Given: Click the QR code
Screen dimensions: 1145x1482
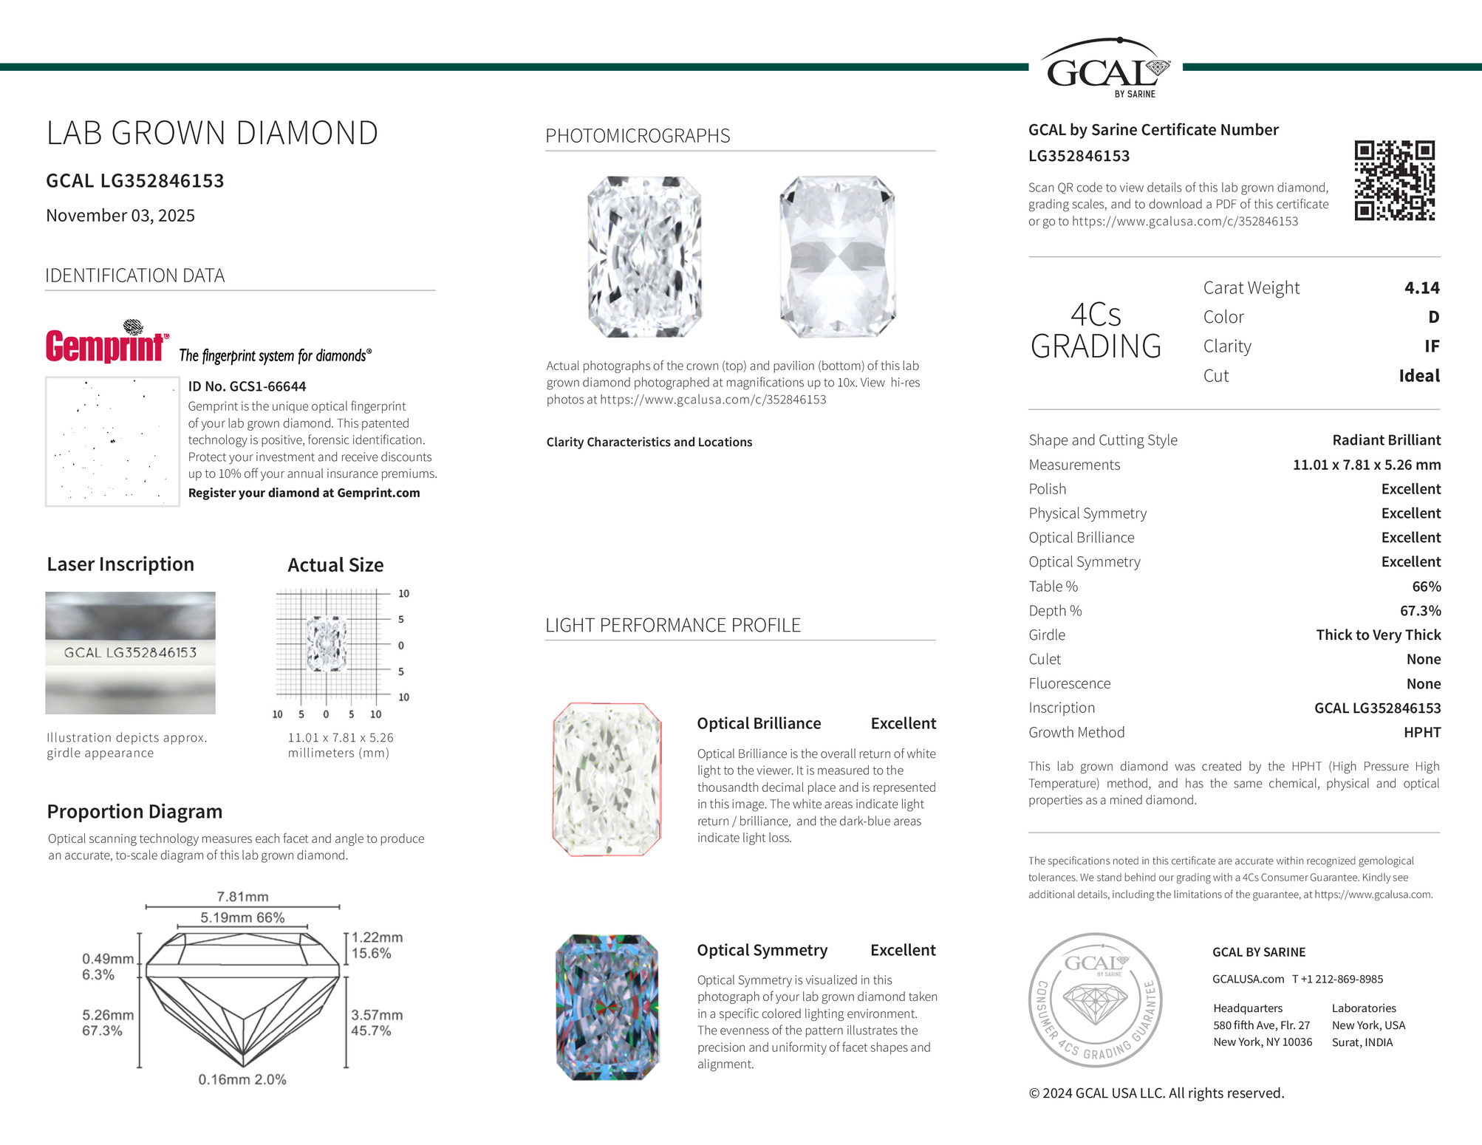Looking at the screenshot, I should (x=1394, y=180).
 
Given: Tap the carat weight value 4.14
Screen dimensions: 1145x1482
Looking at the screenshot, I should (x=1421, y=287).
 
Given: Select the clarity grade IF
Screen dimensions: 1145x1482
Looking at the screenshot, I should (x=1431, y=346).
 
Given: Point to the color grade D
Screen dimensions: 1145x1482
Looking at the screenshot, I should (x=1433, y=317).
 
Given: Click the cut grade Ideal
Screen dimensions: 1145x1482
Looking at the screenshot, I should (x=1418, y=375).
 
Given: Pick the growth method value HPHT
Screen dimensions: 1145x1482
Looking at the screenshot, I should (x=1421, y=732).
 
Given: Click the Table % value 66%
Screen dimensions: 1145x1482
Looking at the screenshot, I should (x=1426, y=586).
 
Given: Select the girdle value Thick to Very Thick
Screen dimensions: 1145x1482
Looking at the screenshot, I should (x=1378, y=635).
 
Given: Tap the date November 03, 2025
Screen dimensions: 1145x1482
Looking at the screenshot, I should (x=120, y=215).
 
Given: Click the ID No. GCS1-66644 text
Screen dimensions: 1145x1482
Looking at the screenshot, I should (x=247, y=386).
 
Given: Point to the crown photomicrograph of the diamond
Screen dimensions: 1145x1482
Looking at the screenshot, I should (x=644, y=256).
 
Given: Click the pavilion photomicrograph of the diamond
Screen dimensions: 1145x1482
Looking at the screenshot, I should (x=837, y=256).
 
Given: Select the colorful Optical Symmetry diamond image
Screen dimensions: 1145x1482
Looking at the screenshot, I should (x=607, y=1007).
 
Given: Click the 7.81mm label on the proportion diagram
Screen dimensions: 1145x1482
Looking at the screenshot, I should (x=242, y=897).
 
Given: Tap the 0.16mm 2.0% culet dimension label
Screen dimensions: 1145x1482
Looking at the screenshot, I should (x=242, y=1079).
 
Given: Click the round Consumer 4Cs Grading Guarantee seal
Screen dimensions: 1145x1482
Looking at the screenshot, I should (x=1095, y=999).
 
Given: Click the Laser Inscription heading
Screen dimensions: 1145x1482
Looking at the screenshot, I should (x=120, y=564).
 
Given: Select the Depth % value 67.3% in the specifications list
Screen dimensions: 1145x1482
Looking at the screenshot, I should (x=1420, y=610).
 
